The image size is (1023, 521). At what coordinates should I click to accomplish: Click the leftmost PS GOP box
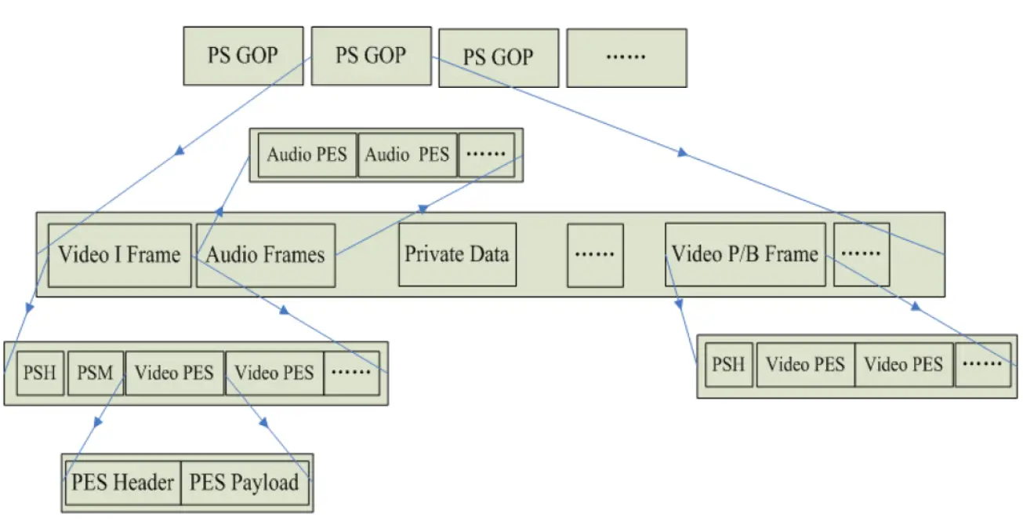pos(243,56)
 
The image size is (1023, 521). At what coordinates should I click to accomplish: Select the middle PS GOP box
pos(371,56)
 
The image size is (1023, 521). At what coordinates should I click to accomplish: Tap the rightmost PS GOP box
pos(498,58)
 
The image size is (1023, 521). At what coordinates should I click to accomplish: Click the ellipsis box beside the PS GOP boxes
pos(626,58)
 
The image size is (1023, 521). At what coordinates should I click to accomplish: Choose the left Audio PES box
pos(307,155)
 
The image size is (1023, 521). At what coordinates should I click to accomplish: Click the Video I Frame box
pos(119,255)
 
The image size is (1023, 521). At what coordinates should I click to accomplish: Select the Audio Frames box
pos(266,255)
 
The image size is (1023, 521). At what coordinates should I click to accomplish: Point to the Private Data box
pos(457,255)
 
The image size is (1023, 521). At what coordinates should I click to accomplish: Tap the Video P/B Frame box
pos(745,255)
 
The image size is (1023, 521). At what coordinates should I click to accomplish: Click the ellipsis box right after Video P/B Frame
pos(861,255)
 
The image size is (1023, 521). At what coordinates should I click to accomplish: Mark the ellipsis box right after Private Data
pos(596,255)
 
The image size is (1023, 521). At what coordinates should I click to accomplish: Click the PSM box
pos(96,372)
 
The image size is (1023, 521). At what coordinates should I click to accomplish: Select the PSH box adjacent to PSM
pos(39,372)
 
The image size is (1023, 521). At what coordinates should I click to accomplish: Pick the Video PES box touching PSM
pos(174,372)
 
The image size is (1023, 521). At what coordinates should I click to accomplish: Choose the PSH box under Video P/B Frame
pos(729,365)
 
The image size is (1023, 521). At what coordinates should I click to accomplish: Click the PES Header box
pos(122,483)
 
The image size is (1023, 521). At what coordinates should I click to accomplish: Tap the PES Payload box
pos(245,483)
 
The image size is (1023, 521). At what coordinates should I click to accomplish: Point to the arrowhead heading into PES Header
pos(96,422)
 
